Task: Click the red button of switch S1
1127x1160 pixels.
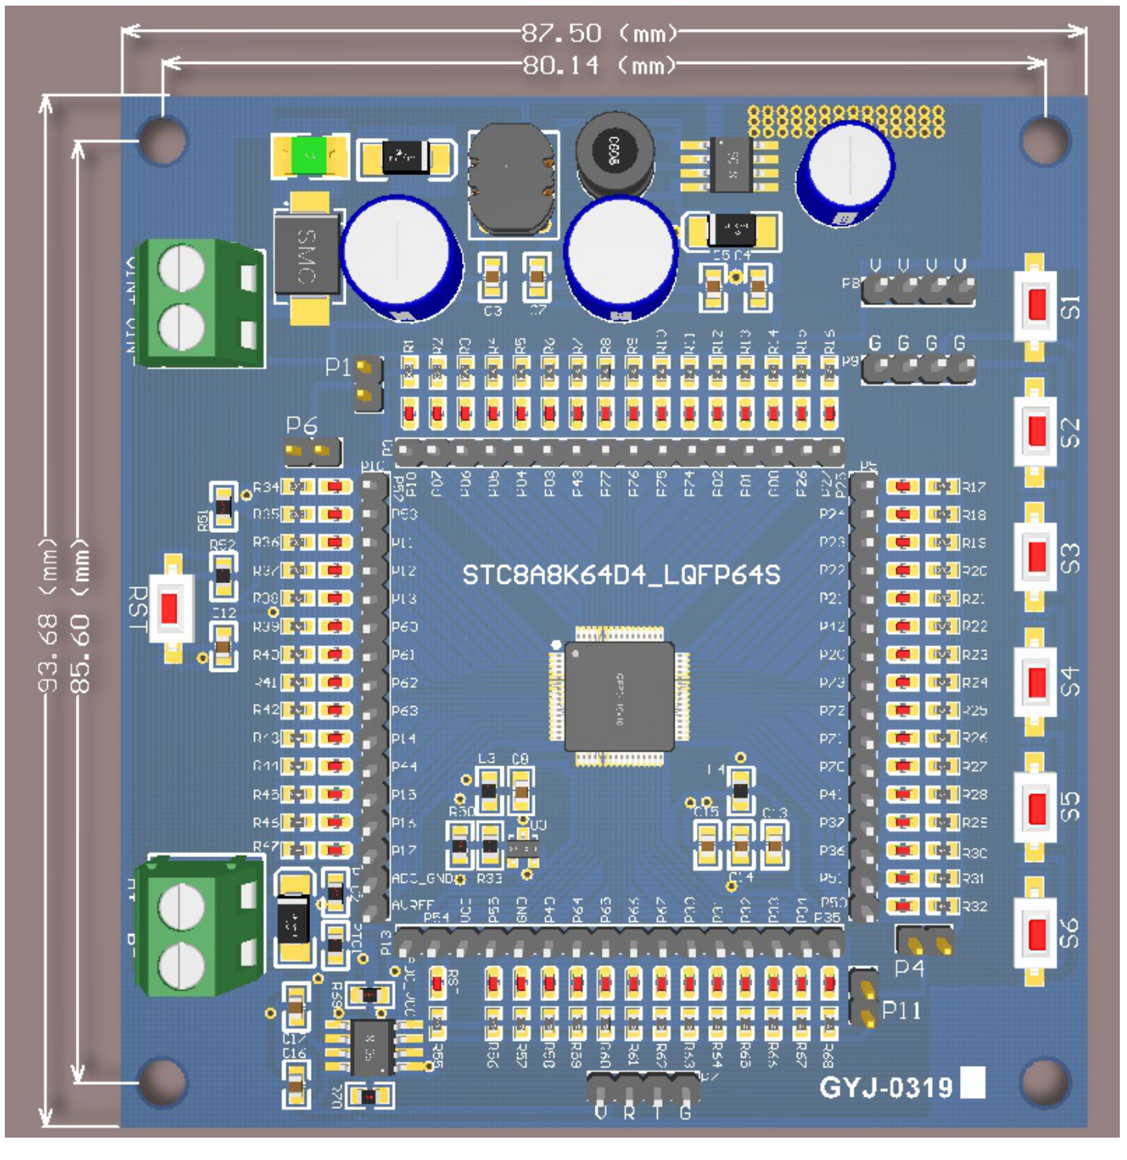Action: point(1037,304)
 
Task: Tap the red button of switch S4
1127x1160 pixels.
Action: point(1037,681)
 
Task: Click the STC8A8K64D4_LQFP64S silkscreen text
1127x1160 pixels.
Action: point(621,574)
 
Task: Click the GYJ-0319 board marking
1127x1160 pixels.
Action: point(886,1087)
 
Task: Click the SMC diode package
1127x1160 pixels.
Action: point(306,256)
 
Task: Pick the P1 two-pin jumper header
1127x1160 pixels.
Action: point(367,382)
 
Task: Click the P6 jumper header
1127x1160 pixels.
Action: point(313,452)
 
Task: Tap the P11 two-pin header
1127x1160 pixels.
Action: point(863,999)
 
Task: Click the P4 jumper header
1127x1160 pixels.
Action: point(926,941)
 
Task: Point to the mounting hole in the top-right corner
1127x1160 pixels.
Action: point(1045,138)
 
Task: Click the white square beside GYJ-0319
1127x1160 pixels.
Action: point(972,1083)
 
